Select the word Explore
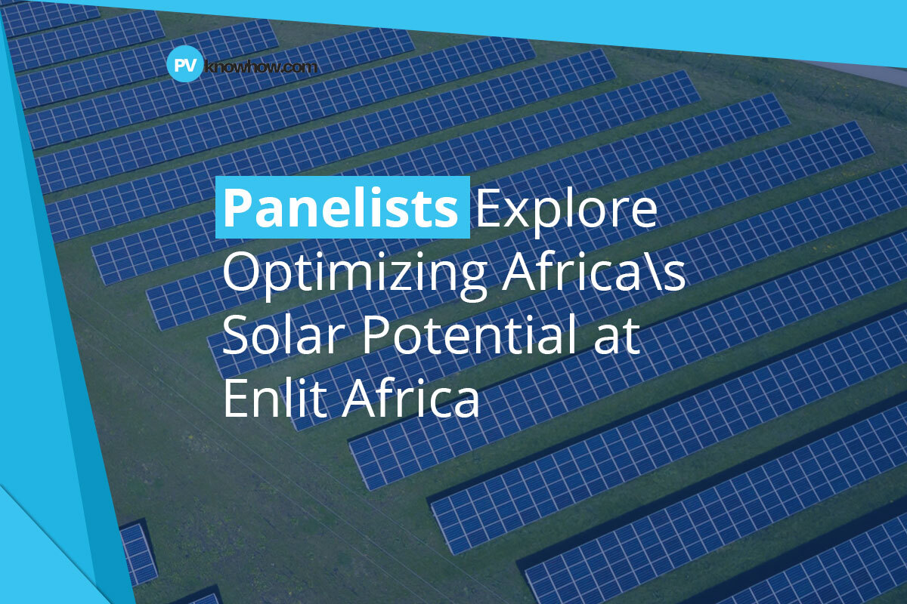pyautogui.click(x=566, y=208)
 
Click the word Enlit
pyautogui.click(x=273, y=399)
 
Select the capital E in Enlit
pyautogui.click(x=234, y=399)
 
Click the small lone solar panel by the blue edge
pyautogui.click(x=137, y=551)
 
